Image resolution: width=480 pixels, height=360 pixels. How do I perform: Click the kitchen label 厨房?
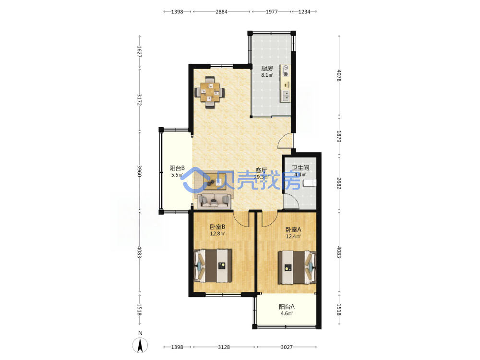click(x=266, y=68)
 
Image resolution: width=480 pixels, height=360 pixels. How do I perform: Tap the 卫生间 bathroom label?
click(x=300, y=168)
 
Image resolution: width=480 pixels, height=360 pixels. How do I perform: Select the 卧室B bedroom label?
click(x=217, y=227)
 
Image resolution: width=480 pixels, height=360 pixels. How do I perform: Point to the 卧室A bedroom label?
click(x=293, y=229)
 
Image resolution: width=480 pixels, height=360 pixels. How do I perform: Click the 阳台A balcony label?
click(x=287, y=306)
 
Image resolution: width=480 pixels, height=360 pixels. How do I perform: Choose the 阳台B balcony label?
click(x=177, y=168)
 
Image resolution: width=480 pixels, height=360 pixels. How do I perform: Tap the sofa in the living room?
click(x=214, y=201)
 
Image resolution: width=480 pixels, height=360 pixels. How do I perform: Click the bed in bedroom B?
click(x=213, y=266)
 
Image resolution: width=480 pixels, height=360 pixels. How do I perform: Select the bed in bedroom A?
click(x=297, y=267)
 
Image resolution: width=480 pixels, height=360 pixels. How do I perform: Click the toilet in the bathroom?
click(x=310, y=183)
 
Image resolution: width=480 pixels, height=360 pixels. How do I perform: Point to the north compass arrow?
click(x=140, y=345)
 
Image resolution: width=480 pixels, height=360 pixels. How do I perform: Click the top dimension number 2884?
click(x=221, y=12)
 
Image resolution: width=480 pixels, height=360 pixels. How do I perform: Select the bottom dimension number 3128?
click(x=224, y=347)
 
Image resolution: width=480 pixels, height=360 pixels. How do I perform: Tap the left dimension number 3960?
click(x=139, y=171)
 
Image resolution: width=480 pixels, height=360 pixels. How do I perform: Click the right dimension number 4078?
click(x=339, y=75)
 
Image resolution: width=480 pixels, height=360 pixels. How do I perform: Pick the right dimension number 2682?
click(x=339, y=183)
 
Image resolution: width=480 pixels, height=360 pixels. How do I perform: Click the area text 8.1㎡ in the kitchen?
click(x=267, y=75)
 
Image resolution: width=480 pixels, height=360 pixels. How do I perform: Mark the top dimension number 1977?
click(x=272, y=12)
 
